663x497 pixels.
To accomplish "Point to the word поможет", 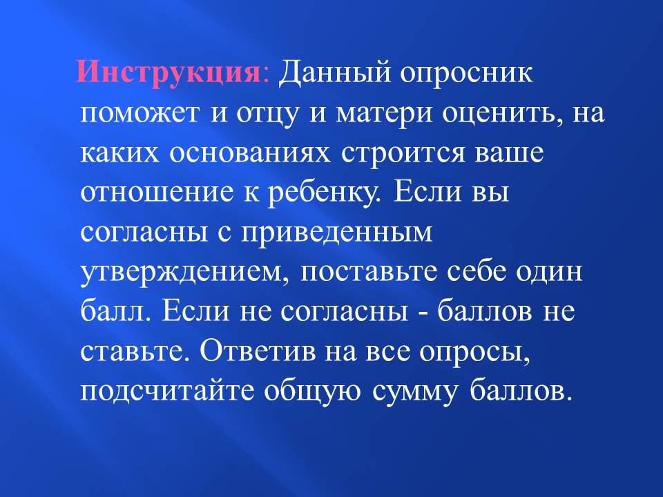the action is [139, 113].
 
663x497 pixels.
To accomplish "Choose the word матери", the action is [385, 114].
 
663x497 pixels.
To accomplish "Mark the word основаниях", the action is [249, 153].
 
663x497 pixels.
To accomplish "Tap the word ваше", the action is [509, 153].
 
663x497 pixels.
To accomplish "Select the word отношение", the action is [157, 193].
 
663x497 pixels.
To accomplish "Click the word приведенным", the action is [336, 233].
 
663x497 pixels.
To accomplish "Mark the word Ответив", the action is [258, 351].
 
